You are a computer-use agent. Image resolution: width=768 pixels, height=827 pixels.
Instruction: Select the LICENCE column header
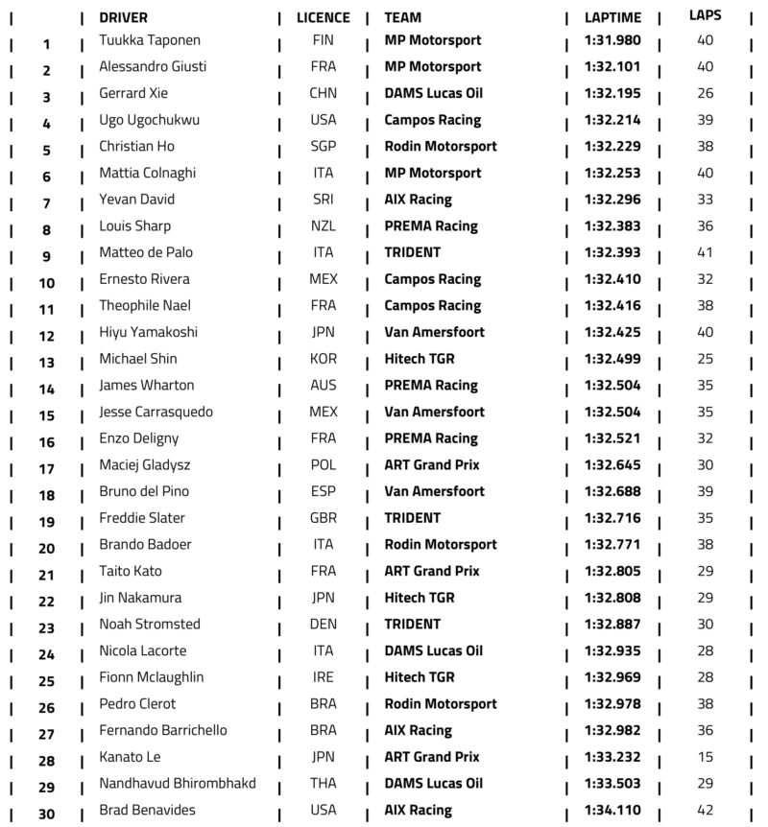pyautogui.click(x=324, y=17)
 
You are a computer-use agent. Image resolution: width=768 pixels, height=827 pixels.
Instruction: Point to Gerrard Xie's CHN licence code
pyautogui.click(x=324, y=93)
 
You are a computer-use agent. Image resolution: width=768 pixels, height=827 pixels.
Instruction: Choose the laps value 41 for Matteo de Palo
pyautogui.click(x=706, y=252)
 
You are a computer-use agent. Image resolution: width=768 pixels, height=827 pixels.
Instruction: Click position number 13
pyautogui.click(x=47, y=363)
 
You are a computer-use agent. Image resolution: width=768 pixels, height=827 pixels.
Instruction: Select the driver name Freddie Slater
pyautogui.click(x=135, y=518)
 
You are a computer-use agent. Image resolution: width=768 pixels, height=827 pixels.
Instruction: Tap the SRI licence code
pyautogui.click(x=324, y=200)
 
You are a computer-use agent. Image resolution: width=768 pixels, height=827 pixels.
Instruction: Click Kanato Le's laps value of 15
pyautogui.click(x=706, y=756)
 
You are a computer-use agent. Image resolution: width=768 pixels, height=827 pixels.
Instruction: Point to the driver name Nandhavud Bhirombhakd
pyautogui.click(x=178, y=783)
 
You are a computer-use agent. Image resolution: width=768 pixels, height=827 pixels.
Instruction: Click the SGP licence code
pyautogui.click(x=324, y=147)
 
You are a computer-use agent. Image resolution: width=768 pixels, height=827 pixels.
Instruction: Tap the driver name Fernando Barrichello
pyautogui.click(x=163, y=730)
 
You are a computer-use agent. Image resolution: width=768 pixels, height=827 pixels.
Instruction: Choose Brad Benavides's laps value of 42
pyautogui.click(x=706, y=810)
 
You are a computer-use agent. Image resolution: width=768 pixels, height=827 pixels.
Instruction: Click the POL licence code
pyautogui.click(x=324, y=464)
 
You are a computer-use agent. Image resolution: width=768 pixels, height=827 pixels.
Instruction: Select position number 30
pyautogui.click(x=47, y=814)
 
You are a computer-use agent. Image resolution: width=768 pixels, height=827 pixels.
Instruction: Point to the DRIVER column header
pyautogui.click(x=123, y=17)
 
